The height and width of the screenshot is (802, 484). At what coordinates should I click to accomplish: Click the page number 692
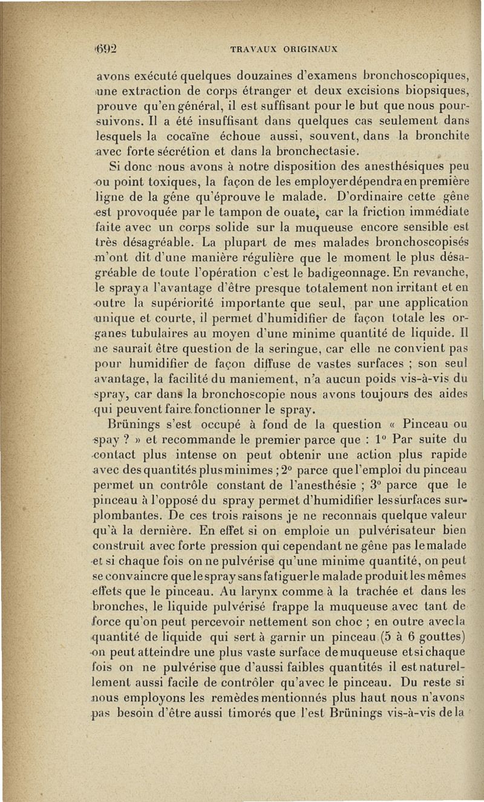(105, 50)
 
